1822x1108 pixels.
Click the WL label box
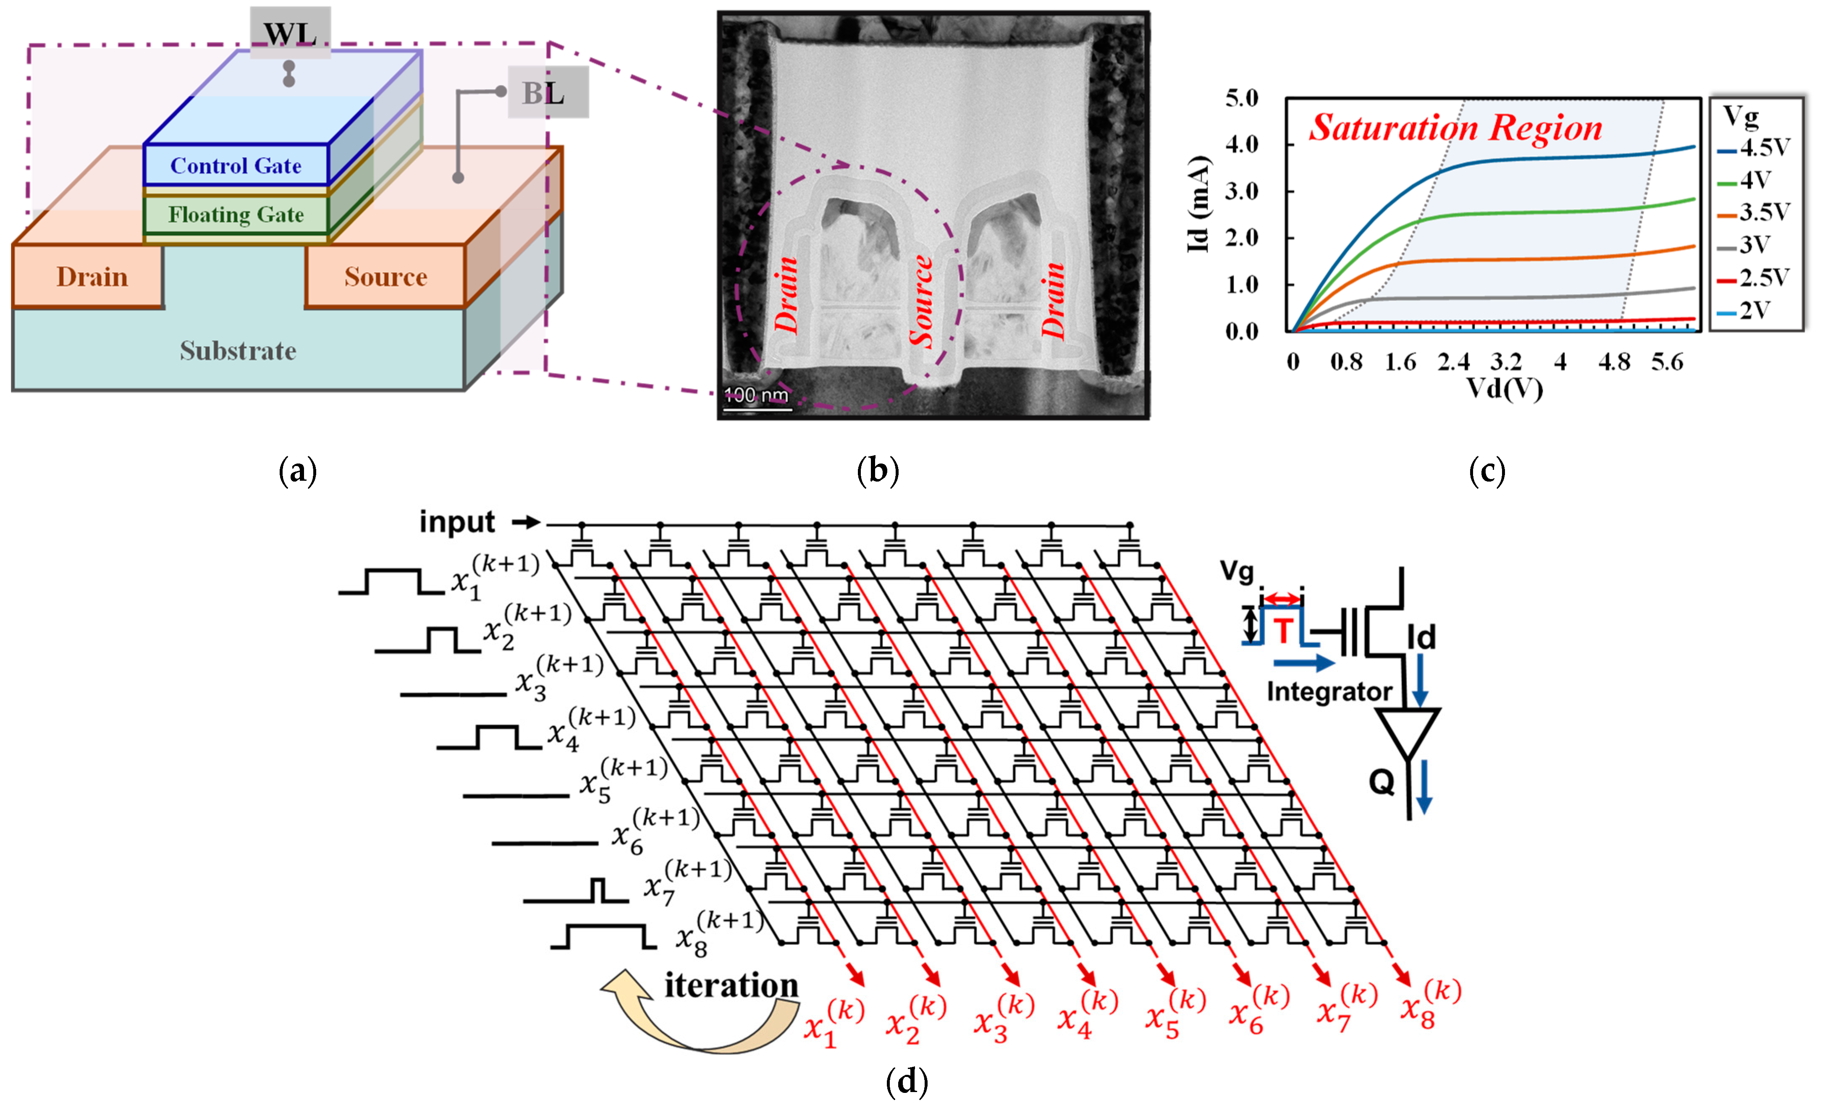pos(290,32)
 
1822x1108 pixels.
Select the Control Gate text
pos(236,165)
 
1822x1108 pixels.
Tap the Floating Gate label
pos(236,215)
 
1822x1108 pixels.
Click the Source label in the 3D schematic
pos(385,276)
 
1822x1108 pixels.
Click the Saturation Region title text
pos(1455,128)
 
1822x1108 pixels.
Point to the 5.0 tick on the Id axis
pos(1242,98)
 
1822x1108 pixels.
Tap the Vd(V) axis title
pos(1505,388)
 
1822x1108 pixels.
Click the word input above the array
pos(456,522)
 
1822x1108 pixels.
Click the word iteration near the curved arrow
pos(731,985)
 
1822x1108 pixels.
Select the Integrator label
pos(1329,691)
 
